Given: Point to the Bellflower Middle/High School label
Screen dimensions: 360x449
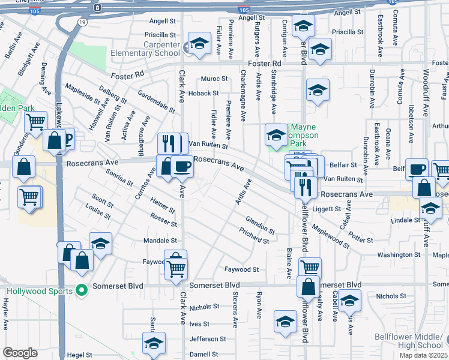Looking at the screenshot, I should click(408, 341).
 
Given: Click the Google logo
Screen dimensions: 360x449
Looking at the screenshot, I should click(20, 353).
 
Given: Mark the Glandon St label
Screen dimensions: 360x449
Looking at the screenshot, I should click(260, 227).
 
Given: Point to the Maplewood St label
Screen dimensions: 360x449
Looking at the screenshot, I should click(331, 235).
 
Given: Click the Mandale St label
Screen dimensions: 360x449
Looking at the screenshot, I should click(160, 241).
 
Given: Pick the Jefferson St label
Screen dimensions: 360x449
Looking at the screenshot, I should click(207, 339).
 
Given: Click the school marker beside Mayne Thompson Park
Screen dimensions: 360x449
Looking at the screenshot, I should click(276, 136).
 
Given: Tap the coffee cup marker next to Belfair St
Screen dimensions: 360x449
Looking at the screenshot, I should click(417, 169).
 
